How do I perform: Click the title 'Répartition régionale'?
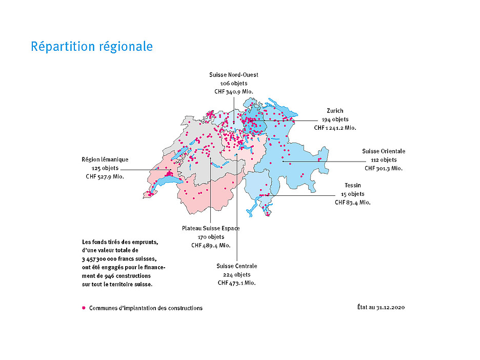click(x=92, y=46)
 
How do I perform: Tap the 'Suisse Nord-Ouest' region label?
click(x=233, y=75)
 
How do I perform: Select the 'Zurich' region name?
click(x=335, y=111)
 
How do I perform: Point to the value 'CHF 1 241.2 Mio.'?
click(x=335, y=128)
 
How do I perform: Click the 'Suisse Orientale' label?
click(x=384, y=151)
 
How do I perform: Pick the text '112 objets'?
click(x=384, y=160)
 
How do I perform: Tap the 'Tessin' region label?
click(x=353, y=185)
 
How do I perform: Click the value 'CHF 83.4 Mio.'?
click(x=353, y=203)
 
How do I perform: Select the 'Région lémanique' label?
click(x=105, y=159)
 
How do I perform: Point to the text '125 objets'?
click(x=105, y=168)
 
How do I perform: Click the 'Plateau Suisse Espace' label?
click(x=211, y=228)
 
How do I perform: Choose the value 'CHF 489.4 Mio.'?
click(x=211, y=246)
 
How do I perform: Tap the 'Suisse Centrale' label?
click(x=236, y=266)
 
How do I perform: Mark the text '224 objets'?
click(x=236, y=275)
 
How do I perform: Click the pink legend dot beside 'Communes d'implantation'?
click(x=84, y=308)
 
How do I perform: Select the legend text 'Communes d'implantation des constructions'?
click(x=146, y=308)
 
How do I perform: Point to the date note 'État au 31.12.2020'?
click(x=381, y=308)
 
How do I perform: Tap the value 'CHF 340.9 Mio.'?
click(x=233, y=91)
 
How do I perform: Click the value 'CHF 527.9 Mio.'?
click(x=105, y=176)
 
